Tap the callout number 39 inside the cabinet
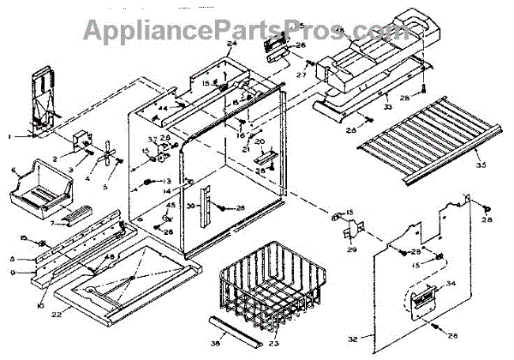(190, 207)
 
